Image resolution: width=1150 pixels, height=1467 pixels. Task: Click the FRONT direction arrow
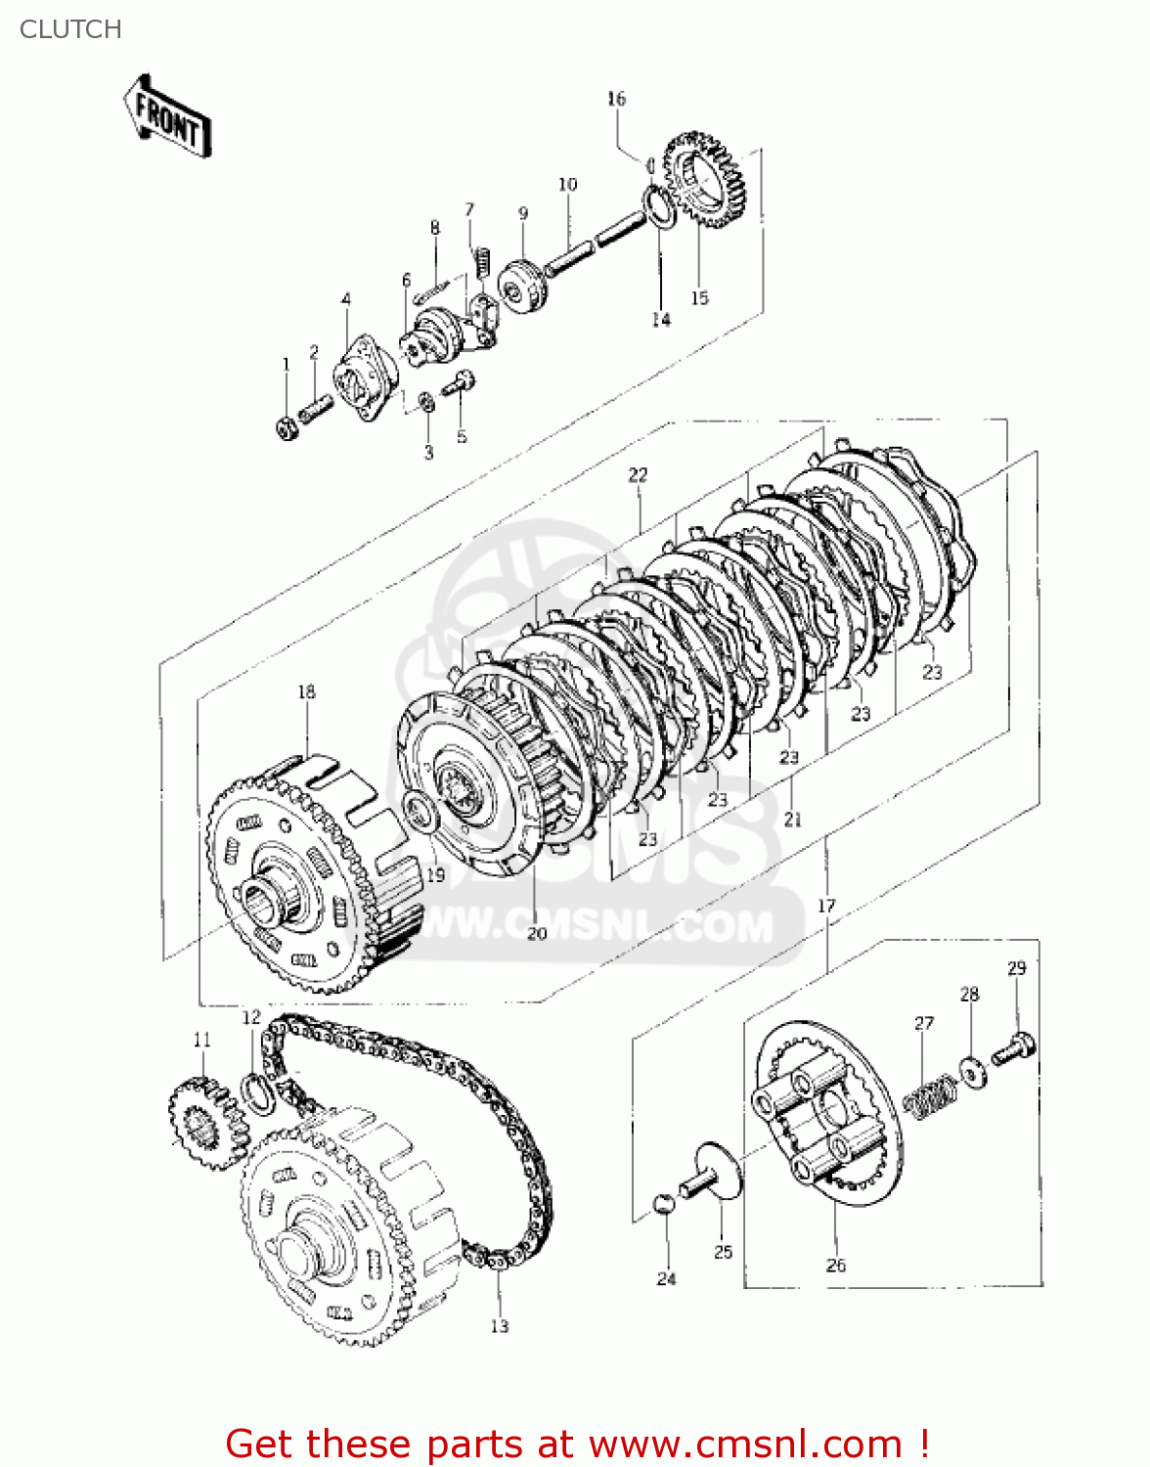point(167,116)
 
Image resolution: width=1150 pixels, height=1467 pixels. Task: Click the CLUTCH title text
point(70,29)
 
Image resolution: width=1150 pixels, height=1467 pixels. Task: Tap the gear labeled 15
point(705,181)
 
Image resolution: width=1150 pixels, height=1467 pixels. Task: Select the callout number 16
point(616,99)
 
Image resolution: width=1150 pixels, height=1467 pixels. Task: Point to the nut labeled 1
point(287,427)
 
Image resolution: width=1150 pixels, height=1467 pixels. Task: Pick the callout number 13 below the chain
point(500,1326)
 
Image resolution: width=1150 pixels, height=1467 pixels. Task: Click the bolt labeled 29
point(1015,1049)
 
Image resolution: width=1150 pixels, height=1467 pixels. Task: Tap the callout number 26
point(836,1265)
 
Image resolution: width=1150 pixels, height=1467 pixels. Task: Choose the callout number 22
point(638,475)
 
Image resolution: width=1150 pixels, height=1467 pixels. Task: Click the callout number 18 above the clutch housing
point(307,691)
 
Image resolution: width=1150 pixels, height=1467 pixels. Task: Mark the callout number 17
point(827,906)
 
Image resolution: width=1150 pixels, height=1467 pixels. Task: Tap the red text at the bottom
point(577,1444)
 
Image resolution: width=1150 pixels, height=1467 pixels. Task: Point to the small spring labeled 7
point(480,261)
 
